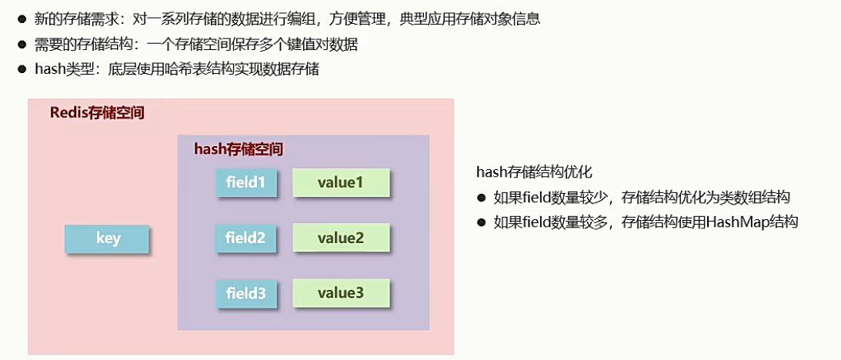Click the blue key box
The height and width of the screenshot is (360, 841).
pyautogui.click(x=107, y=239)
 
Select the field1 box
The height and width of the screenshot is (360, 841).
pyautogui.click(x=245, y=183)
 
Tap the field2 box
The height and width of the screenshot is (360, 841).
pyautogui.click(x=245, y=238)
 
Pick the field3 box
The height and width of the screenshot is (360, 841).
pyautogui.click(x=245, y=294)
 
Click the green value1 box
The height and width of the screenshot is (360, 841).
pyautogui.click(x=340, y=183)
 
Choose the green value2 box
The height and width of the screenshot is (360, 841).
pyautogui.click(x=340, y=238)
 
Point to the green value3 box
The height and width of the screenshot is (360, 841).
pyautogui.click(x=340, y=294)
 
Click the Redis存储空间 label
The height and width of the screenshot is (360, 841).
pyautogui.click(x=97, y=113)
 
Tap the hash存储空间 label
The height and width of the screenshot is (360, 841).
pyautogui.click(x=238, y=149)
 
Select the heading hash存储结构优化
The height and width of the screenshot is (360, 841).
pyautogui.click(x=534, y=172)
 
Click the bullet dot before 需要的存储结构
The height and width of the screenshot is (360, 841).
pyautogui.click(x=23, y=45)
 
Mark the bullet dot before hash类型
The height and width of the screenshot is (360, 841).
pyautogui.click(x=23, y=70)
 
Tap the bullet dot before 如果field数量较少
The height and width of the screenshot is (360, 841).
pyautogui.click(x=482, y=198)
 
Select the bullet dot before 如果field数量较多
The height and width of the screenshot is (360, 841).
pyautogui.click(x=482, y=222)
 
